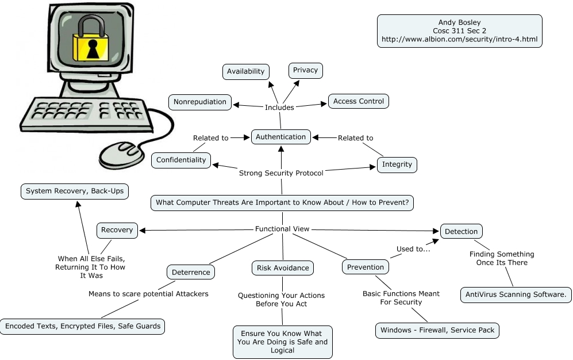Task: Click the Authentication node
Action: tap(281, 137)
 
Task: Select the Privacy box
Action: tap(305, 70)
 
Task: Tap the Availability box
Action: tap(245, 71)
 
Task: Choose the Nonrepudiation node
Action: tap(200, 102)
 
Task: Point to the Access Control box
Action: tap(359, 101)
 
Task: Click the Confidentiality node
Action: tap(181, 160)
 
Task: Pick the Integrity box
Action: tap(397, 164)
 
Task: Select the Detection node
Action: tap(461, 231)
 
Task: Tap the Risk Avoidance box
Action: tap(283, 267)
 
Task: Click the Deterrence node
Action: tap(191, 272)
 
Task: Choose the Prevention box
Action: tap(366, 267)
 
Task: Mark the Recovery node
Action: tap(117, 230)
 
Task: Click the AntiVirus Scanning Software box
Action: tap(516, 295)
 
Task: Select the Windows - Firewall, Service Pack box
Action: tap(437, 331)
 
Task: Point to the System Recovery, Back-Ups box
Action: tap(75, 191)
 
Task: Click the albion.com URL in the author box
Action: tap(459, 40)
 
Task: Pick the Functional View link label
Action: tap(282, 229)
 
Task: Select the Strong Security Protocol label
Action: tap(281, 173)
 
